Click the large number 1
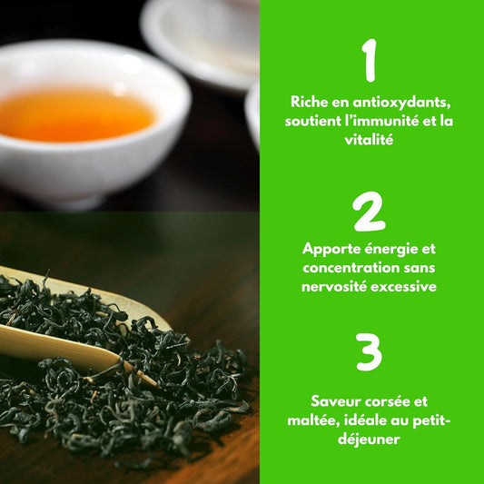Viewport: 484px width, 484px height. click(x=368, y=61)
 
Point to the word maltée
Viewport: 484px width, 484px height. click(x=337, y=419)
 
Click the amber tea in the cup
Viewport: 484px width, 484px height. click(x=76, y=114)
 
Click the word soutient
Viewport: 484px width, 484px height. click(x=317, y=121)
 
